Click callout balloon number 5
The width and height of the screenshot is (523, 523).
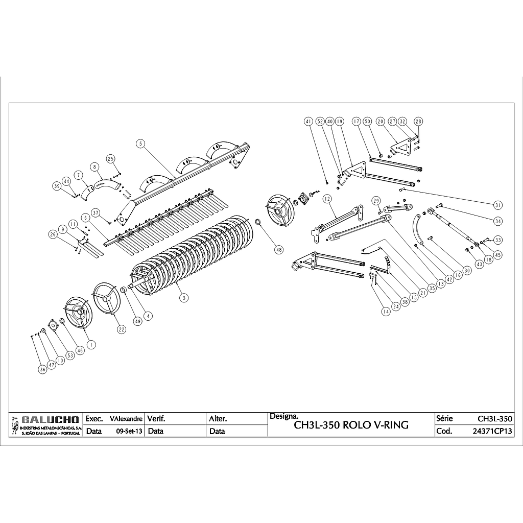140,144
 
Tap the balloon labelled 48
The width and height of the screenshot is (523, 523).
278,250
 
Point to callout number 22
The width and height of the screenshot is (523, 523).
121,329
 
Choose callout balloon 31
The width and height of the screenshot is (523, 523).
498,205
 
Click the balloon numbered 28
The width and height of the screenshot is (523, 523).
418,122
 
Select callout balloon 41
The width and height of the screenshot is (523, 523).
308,122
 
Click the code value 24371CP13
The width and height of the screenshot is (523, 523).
492,431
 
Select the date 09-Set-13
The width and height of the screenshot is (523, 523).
129,431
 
